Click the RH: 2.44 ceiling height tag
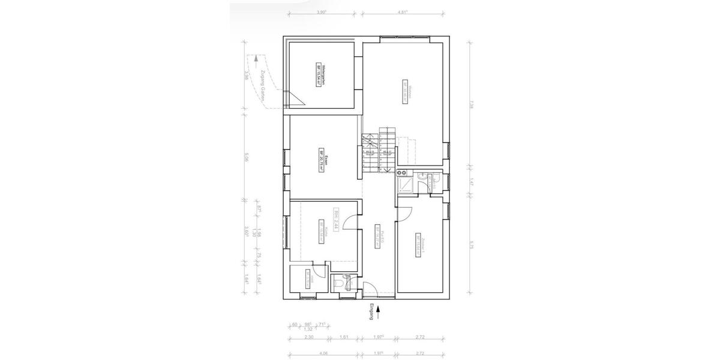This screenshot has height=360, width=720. [x=337, y=220]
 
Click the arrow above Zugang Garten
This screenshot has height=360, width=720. [x=256, y=59]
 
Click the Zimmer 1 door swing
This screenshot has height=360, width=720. [x=404, y=213]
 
